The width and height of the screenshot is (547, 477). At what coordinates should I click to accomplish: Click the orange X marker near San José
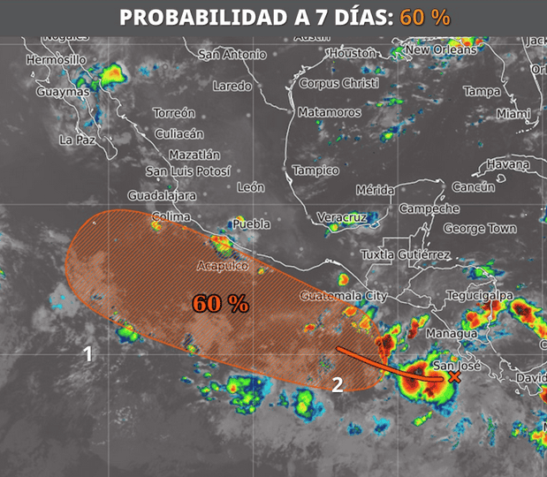click(454, 377)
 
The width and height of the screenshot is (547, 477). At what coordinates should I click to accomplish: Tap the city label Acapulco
click(224, 266)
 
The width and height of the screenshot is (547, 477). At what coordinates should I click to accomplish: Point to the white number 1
click(87, 354)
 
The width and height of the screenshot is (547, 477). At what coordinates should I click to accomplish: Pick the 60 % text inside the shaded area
click(220, 304)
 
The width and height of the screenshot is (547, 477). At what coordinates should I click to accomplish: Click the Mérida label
click(375, 190)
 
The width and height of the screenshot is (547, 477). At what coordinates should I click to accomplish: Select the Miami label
click(513, 114)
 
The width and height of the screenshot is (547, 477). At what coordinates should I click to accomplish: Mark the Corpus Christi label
click(339, 83)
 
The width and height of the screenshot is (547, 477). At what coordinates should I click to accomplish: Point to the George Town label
click(480, 229)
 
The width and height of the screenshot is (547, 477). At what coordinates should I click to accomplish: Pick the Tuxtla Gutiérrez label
click(406, 255)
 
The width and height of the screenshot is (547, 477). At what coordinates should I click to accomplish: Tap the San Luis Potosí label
click(188, 171)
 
